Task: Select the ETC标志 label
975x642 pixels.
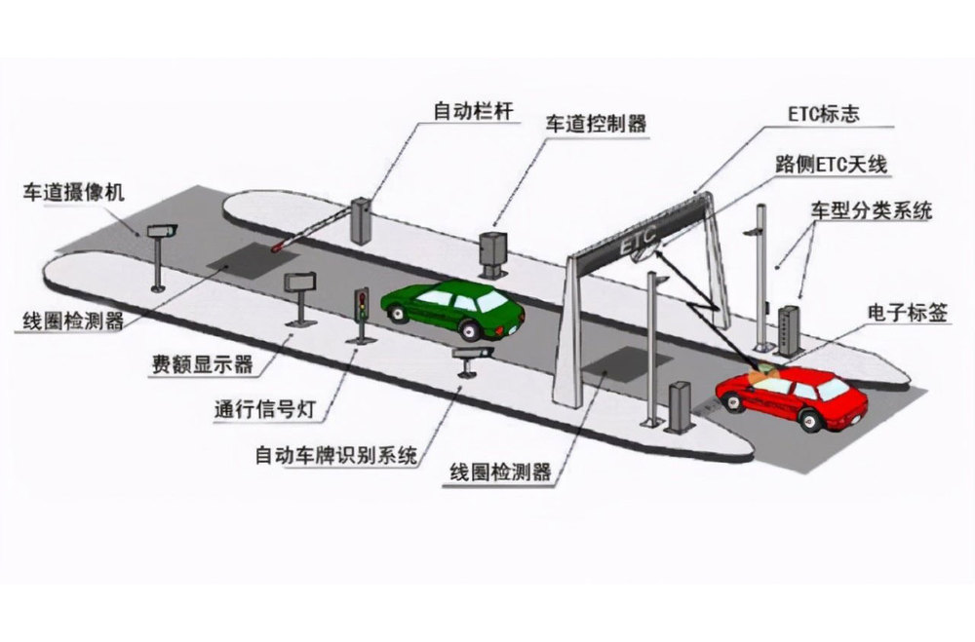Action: click(x=825, y=112)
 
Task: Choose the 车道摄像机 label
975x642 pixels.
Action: click(x=74, y=191)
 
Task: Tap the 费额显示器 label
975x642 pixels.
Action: click(x=203, y=364)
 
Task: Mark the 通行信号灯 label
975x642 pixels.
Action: click(x=267, y=409)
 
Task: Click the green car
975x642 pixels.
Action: click(x=453, y=306)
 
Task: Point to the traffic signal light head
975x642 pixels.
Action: click(x=361, y=304)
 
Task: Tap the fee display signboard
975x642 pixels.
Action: click(x=301, y=283)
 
